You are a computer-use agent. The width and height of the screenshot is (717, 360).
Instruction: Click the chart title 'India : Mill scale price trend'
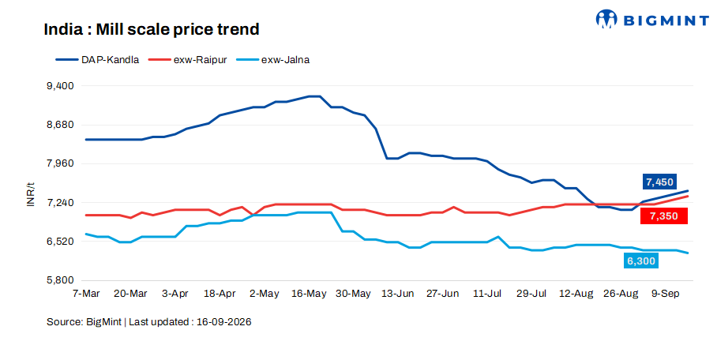[x=152, y=29]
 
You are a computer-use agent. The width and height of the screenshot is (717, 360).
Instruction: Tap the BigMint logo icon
[x=606, y=19]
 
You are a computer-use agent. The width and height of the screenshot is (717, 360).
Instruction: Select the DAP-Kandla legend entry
[x=97, y=60]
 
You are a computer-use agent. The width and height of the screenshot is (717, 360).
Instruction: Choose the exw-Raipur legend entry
[x=187, y=60]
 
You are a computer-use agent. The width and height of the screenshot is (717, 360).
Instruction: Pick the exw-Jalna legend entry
[x=273, y=60]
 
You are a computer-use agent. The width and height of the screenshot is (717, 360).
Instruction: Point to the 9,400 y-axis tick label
[x=60, y=86]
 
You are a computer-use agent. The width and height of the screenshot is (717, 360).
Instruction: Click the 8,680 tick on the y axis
[x=60, y=125]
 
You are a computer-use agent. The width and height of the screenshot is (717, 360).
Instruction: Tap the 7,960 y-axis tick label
[x=60, y=163]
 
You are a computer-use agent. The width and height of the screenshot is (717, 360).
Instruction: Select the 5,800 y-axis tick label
[x=60, y=280]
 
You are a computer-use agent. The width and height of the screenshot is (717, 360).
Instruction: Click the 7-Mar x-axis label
[x=86, y=294]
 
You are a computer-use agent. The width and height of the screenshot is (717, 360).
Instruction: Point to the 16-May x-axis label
[x=309, y=294]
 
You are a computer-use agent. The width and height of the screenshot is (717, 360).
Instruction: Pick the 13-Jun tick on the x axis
[x=398, y=294]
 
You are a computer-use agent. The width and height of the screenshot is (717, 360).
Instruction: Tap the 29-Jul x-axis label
[x=531, y=294]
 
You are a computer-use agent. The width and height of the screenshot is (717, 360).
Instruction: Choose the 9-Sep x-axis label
[x=666, y=294]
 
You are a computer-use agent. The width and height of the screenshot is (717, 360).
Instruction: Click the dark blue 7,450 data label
[x=660, y=182]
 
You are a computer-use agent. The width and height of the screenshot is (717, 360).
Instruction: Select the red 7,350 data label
[x=664, y=216]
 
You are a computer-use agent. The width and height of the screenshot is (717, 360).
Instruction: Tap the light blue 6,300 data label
[x=641, y=261]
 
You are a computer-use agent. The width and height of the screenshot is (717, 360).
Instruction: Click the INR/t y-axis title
[x=31, y=194]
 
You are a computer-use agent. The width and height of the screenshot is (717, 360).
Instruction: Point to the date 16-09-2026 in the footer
[x=224, y=322]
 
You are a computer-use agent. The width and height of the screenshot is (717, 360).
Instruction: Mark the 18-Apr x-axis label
[x=220, y=294]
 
